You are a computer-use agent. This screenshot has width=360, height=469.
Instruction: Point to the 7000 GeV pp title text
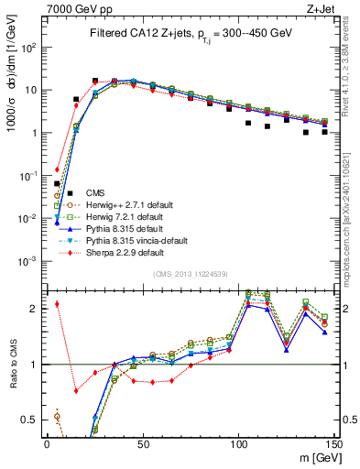coord(71,9)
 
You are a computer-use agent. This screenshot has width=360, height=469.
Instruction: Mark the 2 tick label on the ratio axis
coord(35,308)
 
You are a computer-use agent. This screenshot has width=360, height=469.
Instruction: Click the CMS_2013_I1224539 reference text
coord(189,275)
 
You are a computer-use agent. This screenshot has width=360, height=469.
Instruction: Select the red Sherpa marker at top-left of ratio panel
coord(57,304)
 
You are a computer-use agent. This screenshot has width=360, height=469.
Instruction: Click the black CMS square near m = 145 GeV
coord(324,132)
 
